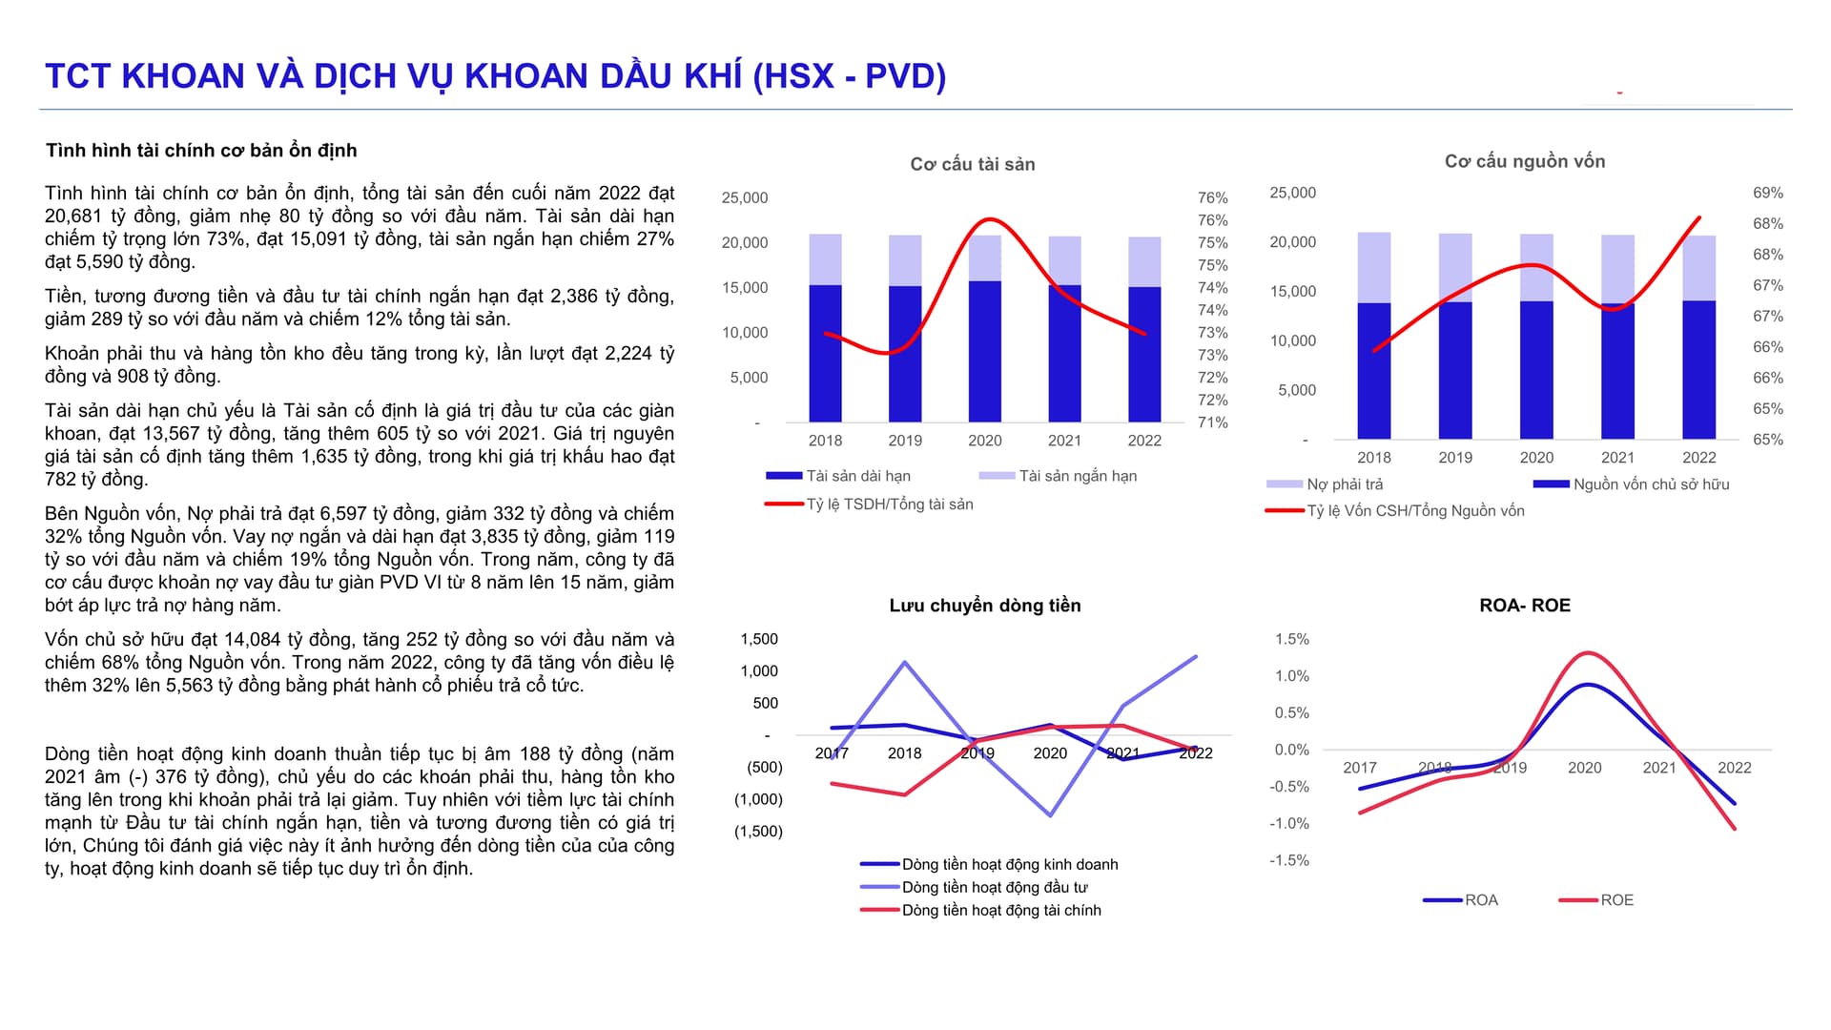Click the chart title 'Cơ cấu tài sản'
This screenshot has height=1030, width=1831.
point(972,164)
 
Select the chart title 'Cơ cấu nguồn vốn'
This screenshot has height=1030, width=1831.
point(1524,161)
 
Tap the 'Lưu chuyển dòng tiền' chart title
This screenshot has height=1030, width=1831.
point(984,606)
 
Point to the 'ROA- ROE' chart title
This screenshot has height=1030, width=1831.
point(1524,606)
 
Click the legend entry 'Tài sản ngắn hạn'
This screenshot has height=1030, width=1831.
point(1077,476)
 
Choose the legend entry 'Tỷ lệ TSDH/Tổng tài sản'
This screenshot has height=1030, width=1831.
point(889,505)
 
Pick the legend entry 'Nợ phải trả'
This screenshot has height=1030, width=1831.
point(1344,484)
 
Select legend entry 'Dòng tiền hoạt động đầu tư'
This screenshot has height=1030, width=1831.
point(994,887)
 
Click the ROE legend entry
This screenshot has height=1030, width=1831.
point(1615,900)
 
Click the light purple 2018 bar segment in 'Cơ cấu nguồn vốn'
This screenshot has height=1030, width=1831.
point(1373,268)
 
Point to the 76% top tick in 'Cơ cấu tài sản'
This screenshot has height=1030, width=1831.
point(1212,198)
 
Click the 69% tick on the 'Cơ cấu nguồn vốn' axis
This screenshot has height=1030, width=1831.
point(1767,193)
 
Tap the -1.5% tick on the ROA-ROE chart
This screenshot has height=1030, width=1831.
point(1288,860)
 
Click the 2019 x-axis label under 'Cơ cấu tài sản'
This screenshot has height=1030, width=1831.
point(904,441)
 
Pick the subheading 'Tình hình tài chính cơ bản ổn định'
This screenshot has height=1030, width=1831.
point(201,151)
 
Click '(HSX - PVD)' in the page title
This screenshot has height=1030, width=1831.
point(849,76)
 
